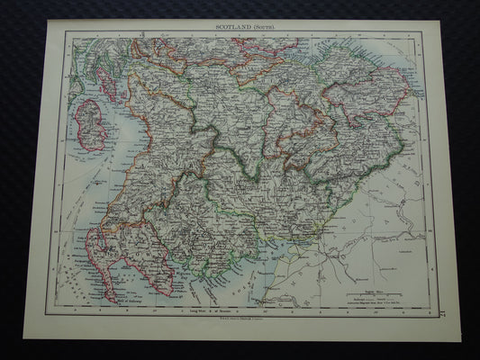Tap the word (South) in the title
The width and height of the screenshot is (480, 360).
click(x=261, y=28)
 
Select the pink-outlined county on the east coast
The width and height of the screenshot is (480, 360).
click(x=368, y=99)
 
